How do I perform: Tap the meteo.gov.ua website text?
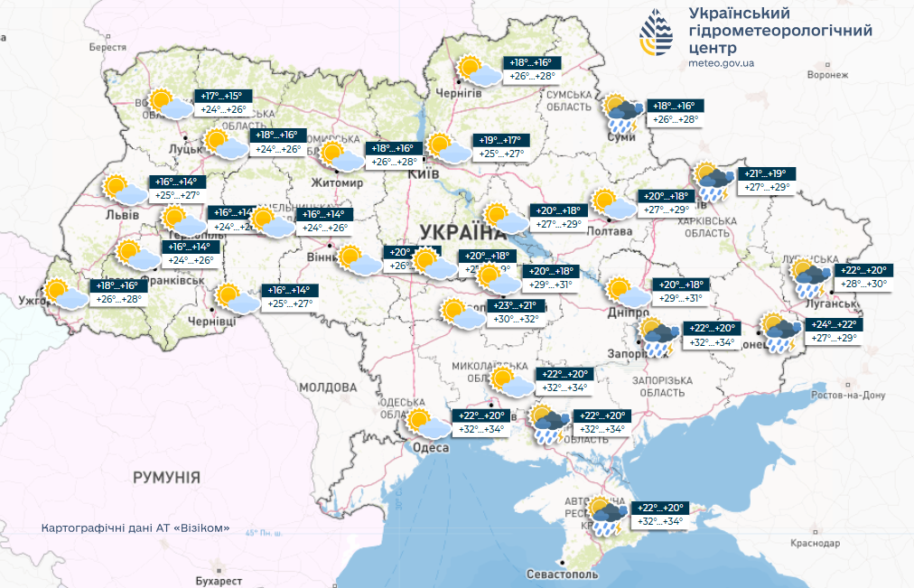tap(720, 62)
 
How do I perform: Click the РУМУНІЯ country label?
tap(166, 477)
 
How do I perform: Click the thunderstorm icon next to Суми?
tap(623, 112)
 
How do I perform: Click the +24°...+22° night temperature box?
tap(833, 325)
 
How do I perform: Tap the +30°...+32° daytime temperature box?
tap(516, 319)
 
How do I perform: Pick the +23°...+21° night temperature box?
tap(516, 305)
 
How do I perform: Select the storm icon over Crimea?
tap(604, 515)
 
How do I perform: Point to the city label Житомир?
tap(338, 182)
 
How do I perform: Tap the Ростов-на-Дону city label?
tap(850, 396)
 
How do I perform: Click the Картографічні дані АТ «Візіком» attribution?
tap(135, 527)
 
